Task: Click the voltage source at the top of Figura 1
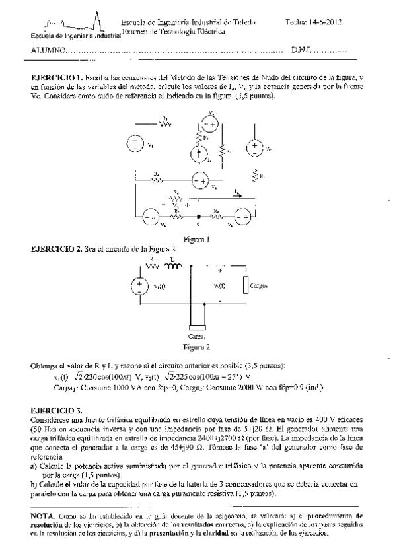click(209, 124)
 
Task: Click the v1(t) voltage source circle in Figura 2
click(140, 285)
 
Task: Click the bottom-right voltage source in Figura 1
click(240, 217)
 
